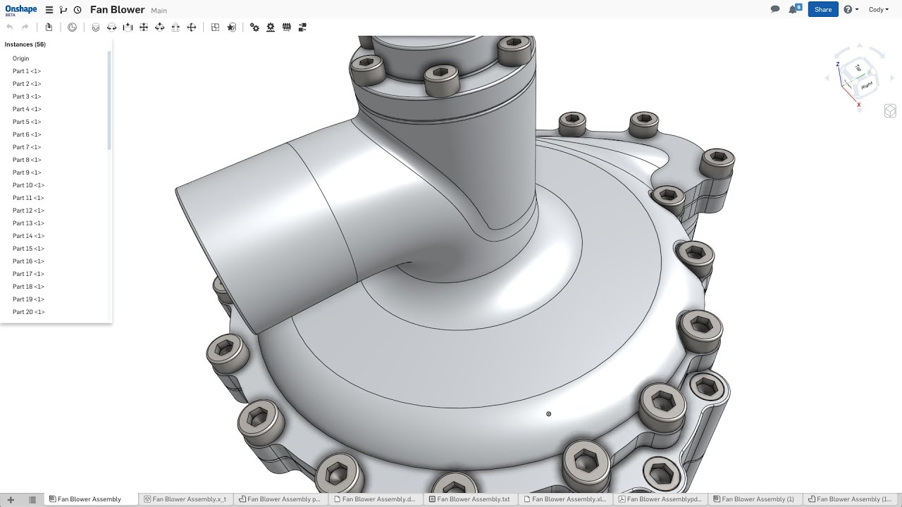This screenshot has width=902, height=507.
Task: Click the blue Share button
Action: tap(822, 10)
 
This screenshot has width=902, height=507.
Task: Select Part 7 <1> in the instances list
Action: tap(27, 147)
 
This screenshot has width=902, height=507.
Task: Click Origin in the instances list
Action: tap(20, 58)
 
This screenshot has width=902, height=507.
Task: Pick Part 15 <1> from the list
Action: tap(28, 249)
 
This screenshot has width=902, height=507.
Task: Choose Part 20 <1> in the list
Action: tap(28, 312)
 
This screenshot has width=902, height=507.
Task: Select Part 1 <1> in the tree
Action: tap(27, 71)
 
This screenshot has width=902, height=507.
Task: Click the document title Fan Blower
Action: tap(117, 10)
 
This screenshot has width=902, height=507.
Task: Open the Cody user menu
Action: tap(878, 10)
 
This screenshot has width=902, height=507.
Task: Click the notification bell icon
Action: tap(793, 10)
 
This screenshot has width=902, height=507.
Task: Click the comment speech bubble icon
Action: tap(775, 10)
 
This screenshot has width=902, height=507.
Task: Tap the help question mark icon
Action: tap(848, 10)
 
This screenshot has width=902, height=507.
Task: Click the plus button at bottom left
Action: tap(11, 499)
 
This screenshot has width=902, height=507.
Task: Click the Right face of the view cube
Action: tap(866, 85)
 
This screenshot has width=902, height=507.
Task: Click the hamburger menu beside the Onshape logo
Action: tap(49, 10)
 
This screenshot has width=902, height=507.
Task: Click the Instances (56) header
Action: tap(25, 44)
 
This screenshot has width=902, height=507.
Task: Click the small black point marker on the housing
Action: tap(548, 414)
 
